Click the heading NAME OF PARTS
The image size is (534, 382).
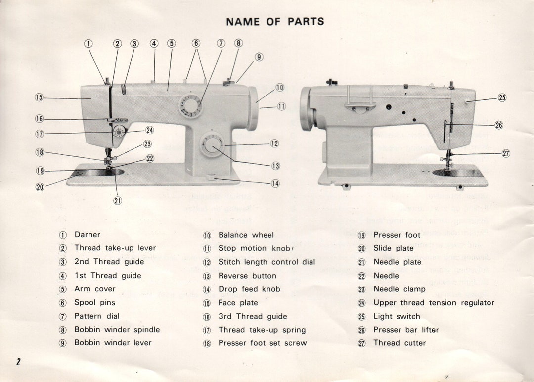coord(275,22)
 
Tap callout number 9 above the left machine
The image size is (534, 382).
coord(259,57)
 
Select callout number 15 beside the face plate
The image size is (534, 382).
coord(39,97)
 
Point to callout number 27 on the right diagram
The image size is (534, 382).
coord(506,153)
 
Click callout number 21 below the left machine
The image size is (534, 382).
coord(118,201)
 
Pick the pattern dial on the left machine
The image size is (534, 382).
coord(190,105)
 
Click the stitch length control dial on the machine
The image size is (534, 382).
coord(212,145)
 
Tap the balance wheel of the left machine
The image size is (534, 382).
coord(253,108)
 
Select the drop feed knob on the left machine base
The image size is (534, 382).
coord(211,177)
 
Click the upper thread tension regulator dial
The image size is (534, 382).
coord(119,132)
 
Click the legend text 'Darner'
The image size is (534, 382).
coord(88,235)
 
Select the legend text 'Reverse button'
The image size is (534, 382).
coord(247,276)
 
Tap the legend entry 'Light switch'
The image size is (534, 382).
coord(397,316)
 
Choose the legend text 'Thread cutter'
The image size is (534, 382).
coord(400,343)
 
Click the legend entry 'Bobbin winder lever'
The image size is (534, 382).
coord(113,343)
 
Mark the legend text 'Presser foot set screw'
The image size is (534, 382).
coord(263,343)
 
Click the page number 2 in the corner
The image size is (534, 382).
coord(18,362)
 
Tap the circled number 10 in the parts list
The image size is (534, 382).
coord(207,235)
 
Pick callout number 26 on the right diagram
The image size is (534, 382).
coord(499,125)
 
